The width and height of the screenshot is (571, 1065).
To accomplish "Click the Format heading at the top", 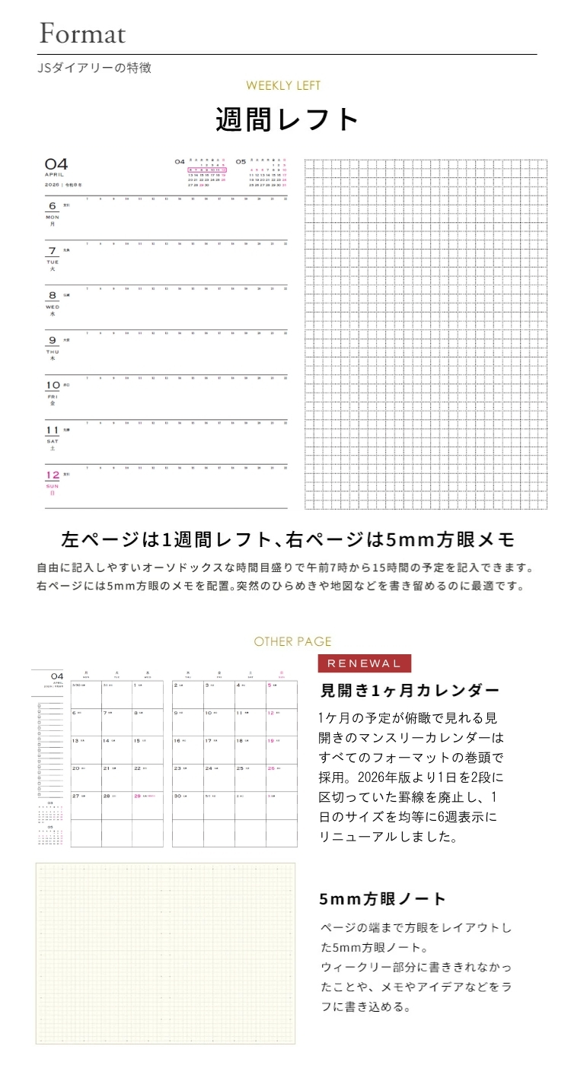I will coord(82,33).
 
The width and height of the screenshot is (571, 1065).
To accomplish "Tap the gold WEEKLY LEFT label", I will coord(283,86).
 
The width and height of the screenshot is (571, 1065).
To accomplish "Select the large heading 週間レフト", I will coord(287,120).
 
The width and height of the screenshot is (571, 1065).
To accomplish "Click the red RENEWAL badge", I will coord(364,663).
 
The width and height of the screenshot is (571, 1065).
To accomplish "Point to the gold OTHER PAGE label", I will coord(293,641).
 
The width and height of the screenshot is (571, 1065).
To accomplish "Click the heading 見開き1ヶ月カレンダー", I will coord(410,691).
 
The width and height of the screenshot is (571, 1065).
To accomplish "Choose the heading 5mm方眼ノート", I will coord(383,898).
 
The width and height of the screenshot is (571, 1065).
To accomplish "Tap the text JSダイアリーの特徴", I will coord(94,68).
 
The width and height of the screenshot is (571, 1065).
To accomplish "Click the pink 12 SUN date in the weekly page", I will coord(53,475).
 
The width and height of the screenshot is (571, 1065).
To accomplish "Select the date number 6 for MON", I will coord(53,206).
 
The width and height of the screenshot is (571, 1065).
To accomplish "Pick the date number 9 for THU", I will coord(53,340).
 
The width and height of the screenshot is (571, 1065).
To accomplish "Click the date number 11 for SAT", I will coord(53,430).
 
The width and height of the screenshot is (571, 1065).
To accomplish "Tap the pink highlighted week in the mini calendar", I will coord(208,170).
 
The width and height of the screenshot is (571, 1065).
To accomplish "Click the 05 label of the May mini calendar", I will coord(241,161).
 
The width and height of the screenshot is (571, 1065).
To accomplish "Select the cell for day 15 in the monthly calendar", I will coord(147,750).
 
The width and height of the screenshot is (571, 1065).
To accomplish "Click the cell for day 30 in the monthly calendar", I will coord(187,805).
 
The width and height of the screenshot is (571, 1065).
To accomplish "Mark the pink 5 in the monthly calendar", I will coord(281,695).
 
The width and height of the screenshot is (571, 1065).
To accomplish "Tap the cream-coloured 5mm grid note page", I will coord(165,953).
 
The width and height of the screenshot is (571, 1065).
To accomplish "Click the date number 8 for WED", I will coord(53,295).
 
